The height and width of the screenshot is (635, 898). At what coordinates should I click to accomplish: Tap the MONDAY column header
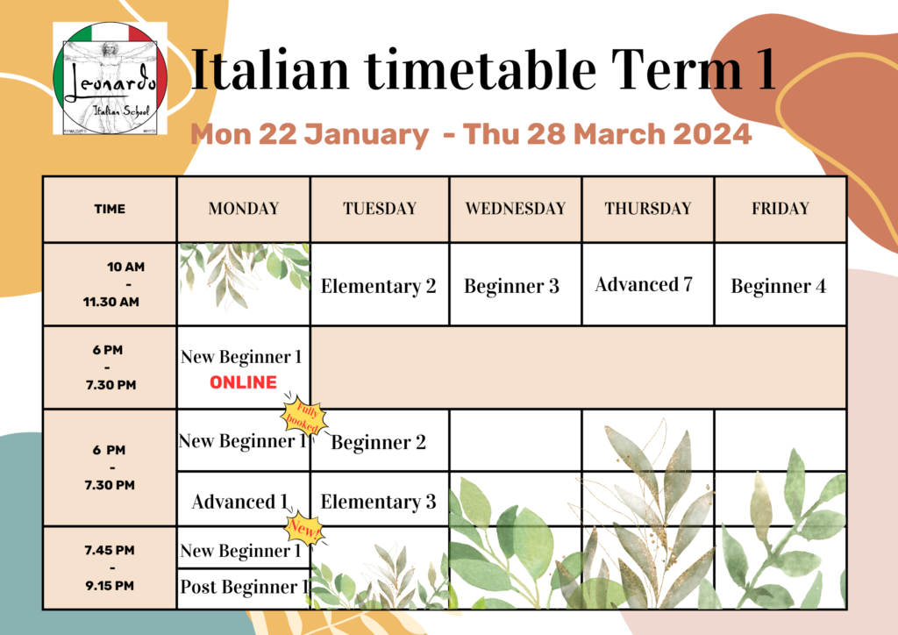tap(243, 209)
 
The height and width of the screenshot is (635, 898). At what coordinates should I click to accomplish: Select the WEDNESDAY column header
tap(516, 209)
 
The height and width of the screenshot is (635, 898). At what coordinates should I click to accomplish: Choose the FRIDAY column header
tap(780, 209)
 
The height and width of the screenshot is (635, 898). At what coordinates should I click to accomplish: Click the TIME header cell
tap(110, 209)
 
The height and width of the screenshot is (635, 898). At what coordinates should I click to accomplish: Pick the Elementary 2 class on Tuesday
tap(378, 286)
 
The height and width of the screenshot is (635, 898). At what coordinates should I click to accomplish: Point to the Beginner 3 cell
tap(511, 286)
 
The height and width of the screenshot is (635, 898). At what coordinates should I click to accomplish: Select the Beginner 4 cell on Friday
tap(779, 286)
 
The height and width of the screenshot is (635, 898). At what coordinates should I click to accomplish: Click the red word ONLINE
tap(243, 382)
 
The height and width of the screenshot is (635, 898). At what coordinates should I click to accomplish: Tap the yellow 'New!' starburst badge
tap(306, 529)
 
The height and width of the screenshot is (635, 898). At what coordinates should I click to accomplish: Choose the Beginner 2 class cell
tap(379, 442)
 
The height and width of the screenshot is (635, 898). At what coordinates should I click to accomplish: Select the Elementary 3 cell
tap(378, 502)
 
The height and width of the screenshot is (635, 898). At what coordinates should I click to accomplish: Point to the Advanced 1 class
tap(240, 502)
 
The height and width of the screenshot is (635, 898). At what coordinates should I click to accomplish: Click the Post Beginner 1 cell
tap(244, 587)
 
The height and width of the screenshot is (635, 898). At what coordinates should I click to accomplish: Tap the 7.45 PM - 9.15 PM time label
tap(110, 567)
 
